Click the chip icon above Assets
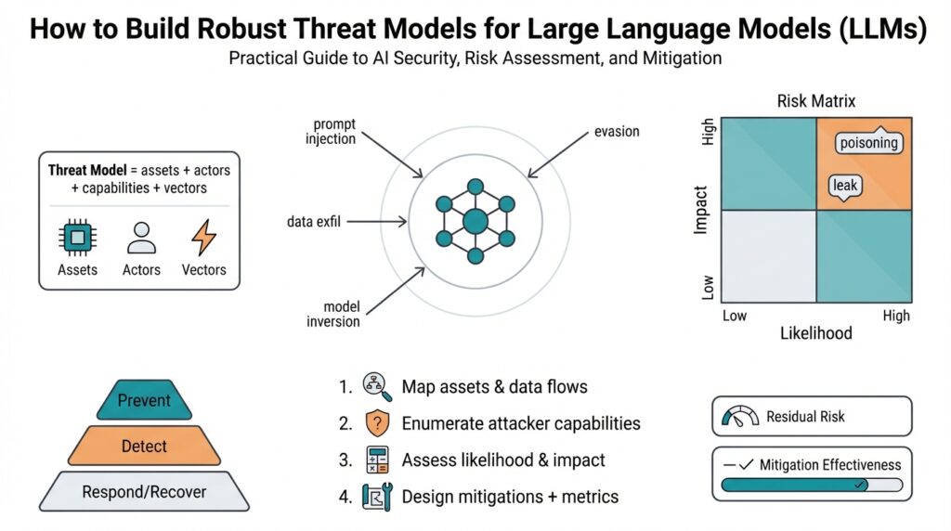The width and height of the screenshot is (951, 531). [77, 239]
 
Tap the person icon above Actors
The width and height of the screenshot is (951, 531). [140, 238]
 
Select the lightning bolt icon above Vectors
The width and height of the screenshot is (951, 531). [203, 238]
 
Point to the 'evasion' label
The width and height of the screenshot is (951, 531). [617, 132]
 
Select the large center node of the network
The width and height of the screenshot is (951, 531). [475, 222]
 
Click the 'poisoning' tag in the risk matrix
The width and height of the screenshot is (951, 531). [868, 143]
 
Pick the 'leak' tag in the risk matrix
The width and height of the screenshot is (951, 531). [845, 186]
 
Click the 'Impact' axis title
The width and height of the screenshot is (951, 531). [702, 209]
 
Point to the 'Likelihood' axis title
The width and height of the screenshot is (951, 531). [814, 333]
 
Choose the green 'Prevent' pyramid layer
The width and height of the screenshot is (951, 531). [144, 401]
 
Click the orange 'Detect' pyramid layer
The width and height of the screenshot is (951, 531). [144, 447]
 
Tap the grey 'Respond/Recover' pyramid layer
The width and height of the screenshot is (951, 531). [144, 492]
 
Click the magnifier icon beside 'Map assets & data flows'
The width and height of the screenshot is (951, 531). [377, 386]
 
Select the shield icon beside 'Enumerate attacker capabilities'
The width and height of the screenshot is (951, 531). [377, 423]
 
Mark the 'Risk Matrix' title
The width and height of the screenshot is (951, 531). [816, 101]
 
